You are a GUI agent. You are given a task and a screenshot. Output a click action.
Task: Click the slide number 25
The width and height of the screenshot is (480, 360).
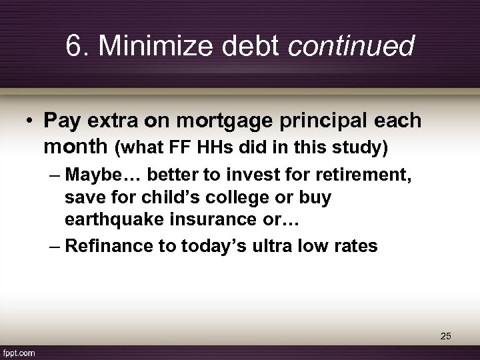[x=445, y=337]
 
